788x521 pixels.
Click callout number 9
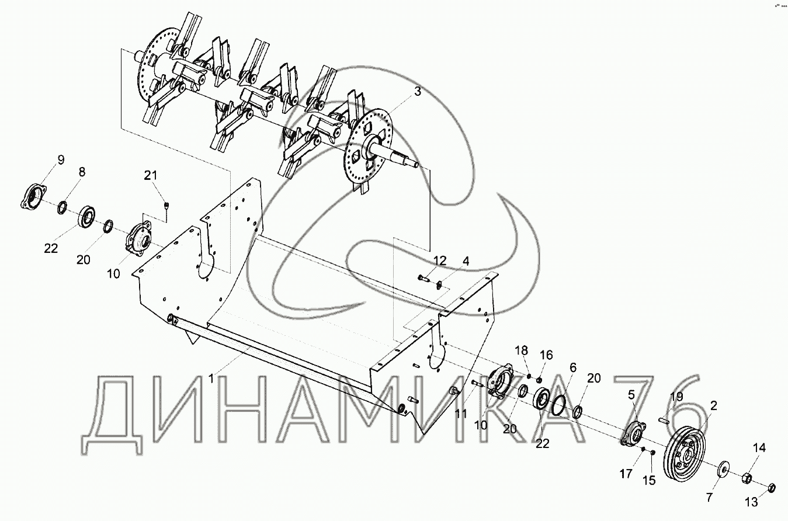pos(60,160)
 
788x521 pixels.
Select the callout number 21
pos(151,176)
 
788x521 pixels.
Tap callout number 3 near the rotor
pos(418,92)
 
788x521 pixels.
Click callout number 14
pos(758,448)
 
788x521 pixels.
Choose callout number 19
pos(676,397)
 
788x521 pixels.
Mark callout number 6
pos(572,367)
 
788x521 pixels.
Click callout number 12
pos(439,260)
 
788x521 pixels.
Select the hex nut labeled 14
pos(747,478)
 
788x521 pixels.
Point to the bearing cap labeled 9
pos(33,196)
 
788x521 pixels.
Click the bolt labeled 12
pos(423,279)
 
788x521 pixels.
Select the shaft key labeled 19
pos(662,418)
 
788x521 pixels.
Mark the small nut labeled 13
pos(770,487)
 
